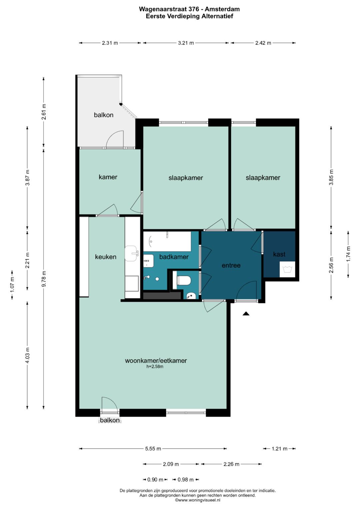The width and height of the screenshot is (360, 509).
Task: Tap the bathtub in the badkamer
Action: (167, 241)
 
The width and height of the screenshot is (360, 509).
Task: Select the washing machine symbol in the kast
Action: (287, 269)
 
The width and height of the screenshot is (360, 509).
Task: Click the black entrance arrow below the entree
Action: (246, 314)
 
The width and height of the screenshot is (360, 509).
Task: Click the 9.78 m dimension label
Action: (44, 279)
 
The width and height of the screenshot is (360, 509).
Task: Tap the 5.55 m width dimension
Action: (153, 449)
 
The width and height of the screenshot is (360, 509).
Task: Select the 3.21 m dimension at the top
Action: (186, 43)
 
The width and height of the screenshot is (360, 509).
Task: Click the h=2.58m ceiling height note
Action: (155, 366)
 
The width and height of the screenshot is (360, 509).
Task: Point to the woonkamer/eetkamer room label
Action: (156, 360)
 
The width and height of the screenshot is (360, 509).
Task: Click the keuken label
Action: (106, 257)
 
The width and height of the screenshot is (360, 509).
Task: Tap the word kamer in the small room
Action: (108, 177)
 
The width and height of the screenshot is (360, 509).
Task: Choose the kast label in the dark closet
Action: (279, 254)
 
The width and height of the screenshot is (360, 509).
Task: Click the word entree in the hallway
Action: (231, 265)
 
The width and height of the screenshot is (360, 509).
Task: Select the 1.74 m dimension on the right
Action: (348, 254)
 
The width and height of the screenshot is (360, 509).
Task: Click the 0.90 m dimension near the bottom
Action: (155, 479)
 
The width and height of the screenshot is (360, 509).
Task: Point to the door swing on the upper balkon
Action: (115, 139)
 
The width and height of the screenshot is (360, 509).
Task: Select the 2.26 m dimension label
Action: (231, 464)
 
